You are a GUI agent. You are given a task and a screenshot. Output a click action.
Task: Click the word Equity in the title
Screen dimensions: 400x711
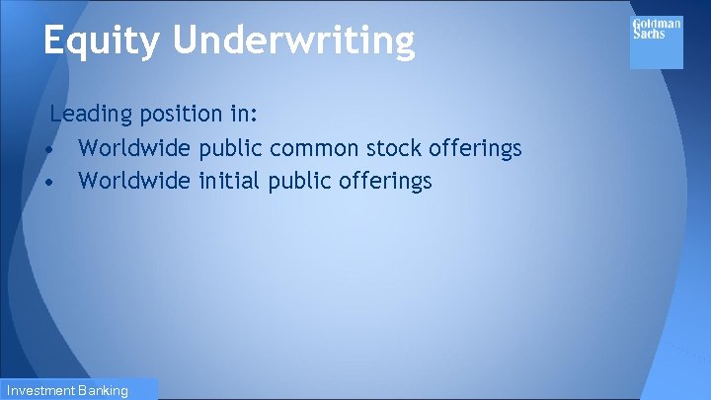point(102,41)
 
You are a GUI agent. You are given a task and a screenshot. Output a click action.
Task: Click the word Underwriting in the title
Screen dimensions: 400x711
point(293,41)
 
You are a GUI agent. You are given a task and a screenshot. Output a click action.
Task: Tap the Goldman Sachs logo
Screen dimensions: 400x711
point(656,42)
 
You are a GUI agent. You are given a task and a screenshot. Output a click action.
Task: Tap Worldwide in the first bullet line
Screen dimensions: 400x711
point(134,148)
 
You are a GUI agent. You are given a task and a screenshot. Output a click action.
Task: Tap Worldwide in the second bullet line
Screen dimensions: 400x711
point(134,181)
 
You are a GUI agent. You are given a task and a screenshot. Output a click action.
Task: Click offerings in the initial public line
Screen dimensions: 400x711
point(386,182)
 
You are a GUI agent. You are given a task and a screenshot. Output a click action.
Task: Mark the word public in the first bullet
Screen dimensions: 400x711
point(230,149)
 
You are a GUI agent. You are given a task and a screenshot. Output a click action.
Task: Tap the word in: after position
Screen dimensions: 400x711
point(242,115)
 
